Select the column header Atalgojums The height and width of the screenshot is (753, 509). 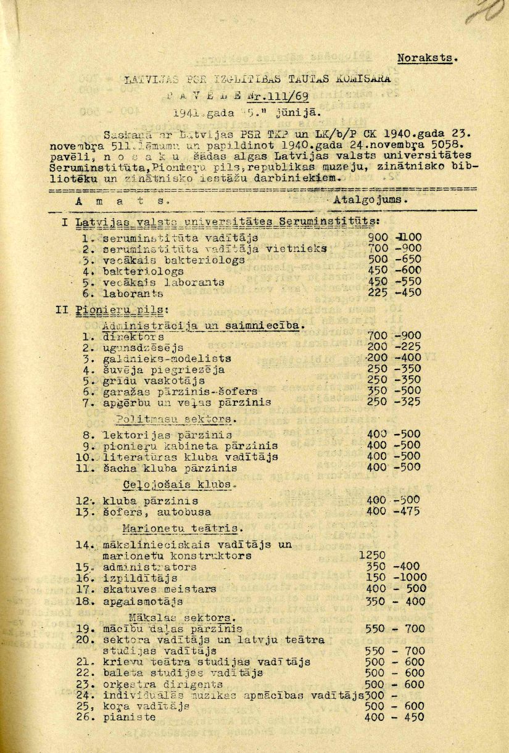[x=371, y=201]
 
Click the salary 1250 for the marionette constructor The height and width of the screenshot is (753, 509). [x=372, y=555]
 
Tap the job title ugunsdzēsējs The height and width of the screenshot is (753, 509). [x=143, y=348]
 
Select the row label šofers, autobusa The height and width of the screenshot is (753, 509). [x=157, y=511]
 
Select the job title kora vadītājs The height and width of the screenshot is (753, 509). [x=146, y=707]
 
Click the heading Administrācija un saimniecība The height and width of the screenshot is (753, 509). [x=204, y=324]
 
